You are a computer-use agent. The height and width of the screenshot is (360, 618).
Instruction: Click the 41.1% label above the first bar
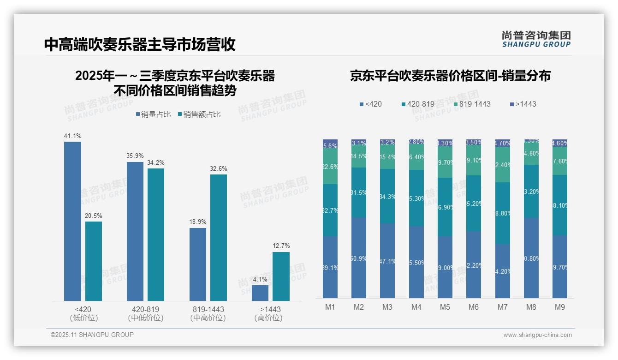[72, 136]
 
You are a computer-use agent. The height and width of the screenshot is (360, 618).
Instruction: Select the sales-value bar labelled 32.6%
[219, 237]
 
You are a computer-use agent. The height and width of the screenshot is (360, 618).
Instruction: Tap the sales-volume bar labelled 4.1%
[260, 293]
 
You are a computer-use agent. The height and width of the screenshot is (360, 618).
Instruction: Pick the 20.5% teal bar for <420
[94, 261]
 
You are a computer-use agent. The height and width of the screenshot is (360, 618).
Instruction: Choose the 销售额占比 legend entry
[199, 114]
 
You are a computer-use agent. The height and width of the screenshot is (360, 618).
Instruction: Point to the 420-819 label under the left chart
[146, 309]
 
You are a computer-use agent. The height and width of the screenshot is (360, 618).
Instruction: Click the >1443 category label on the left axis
[270, 309]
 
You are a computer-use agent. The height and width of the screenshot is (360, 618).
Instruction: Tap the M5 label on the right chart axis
[445, 307]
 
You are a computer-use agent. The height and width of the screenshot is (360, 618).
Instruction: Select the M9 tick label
[560, 307]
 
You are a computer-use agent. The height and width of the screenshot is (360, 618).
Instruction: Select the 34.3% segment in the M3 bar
[387, 196]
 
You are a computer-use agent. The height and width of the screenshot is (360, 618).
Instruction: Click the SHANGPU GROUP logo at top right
[536, 39]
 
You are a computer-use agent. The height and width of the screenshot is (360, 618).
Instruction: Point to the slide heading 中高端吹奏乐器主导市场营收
[140, 44]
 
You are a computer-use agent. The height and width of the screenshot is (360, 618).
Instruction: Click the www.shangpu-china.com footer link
[537, 335]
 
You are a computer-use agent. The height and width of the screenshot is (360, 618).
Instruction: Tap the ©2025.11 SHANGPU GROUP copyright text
[92, 335]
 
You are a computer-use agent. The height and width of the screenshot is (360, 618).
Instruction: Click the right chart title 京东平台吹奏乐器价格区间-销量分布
[450, 76]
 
